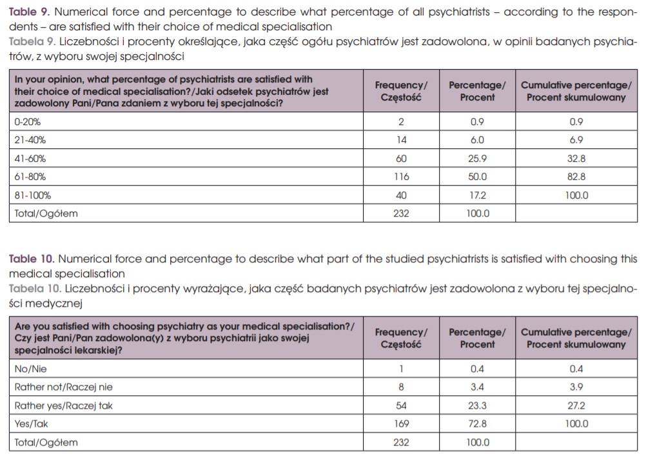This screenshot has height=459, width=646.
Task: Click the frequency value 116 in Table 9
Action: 400,177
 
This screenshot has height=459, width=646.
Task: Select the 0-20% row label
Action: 28,121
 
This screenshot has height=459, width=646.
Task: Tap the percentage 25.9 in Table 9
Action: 477,159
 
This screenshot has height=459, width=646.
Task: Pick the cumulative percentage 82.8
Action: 576,177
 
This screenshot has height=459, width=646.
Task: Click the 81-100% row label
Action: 32,195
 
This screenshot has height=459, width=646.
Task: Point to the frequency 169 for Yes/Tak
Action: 400,424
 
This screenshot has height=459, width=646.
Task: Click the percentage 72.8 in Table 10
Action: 477,424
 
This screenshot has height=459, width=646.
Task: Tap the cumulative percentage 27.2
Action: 576,405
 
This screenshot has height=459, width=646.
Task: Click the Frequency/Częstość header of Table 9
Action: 400,91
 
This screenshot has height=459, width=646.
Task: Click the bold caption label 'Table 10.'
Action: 31,259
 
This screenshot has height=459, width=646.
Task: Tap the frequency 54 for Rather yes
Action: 400,405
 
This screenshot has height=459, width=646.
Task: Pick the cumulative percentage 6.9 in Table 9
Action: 576,140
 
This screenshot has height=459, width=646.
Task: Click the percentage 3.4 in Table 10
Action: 477,387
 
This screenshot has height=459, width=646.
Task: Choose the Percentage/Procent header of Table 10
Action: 477,338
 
